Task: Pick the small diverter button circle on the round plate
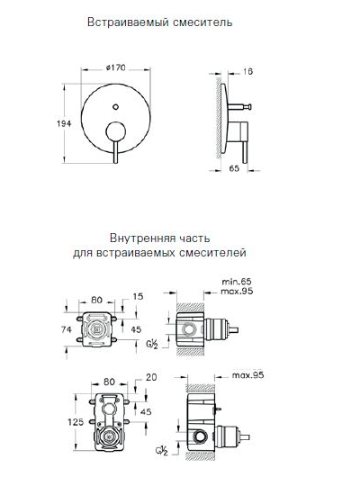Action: pyautogui.click(x=117, y=109)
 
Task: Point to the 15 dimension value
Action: pyautogui.click(x=138, y=296)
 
